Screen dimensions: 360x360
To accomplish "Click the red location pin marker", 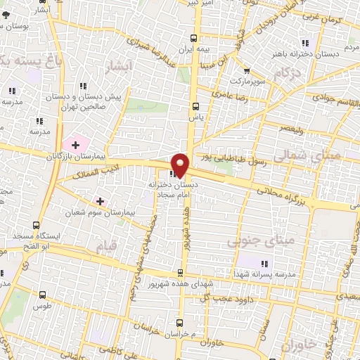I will (x=181, y=165).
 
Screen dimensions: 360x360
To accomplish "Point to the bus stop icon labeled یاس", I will (x=195, y=106).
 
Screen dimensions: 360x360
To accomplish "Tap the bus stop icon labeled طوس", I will (x=44, y=295).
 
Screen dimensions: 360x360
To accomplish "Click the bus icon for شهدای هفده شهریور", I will (x=183, y=272).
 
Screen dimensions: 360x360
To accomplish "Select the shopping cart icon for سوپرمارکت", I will (x=246, y=70).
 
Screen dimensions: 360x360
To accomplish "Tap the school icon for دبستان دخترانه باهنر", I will (x=304, y=43).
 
